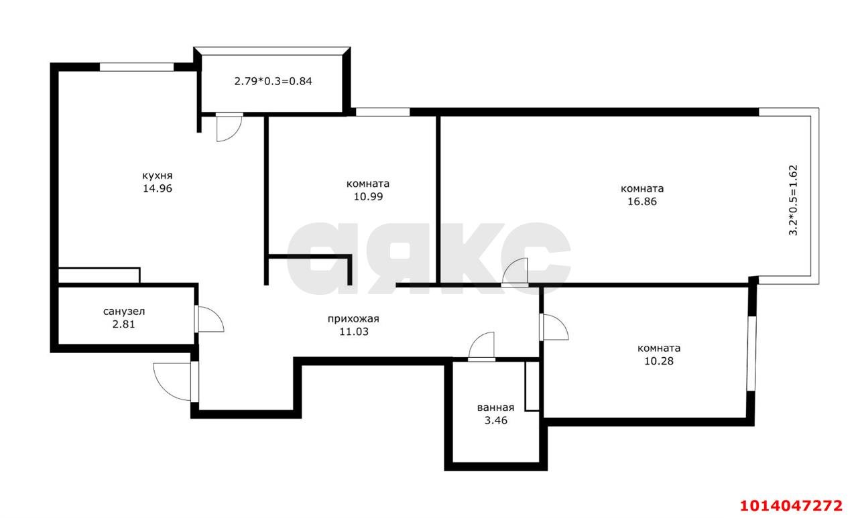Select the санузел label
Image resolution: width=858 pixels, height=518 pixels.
[124, 312]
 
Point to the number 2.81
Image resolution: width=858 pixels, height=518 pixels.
[124, 324]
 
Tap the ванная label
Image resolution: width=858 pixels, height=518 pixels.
[495, 407]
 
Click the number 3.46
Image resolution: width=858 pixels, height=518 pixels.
[495, 421]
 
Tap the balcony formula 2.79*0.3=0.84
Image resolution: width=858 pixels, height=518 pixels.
[273, 82]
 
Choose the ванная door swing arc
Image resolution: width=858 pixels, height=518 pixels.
[482, 346]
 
